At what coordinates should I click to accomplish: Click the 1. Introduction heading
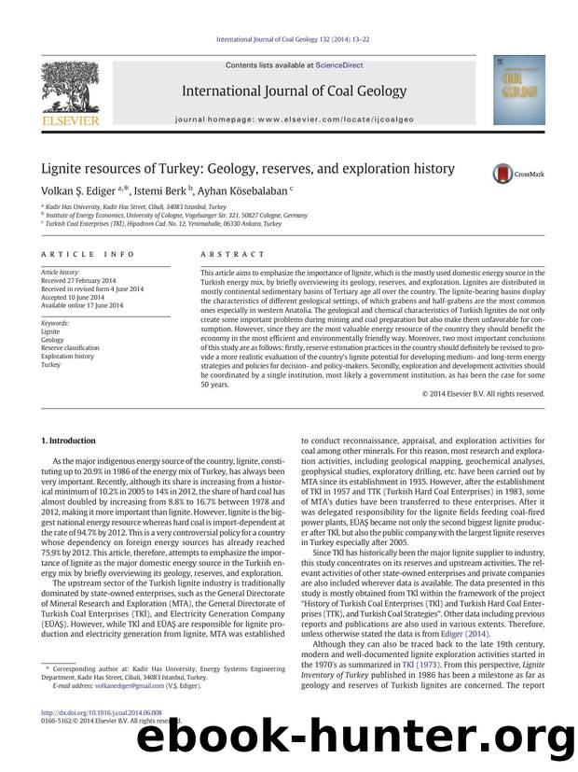point(69,440)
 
